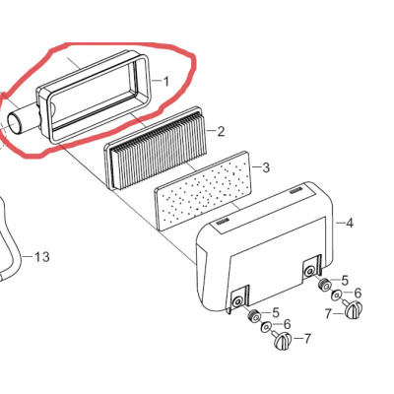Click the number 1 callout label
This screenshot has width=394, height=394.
[166, 82]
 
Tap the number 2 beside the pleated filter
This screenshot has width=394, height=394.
[221, 132]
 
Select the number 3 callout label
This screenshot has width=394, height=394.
[266, 167]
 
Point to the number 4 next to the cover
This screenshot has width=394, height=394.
[350, 224]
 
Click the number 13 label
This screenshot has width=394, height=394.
[42, 256]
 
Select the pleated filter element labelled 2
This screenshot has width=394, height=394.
[156, 148]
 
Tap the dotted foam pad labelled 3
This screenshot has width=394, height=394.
[204, 191]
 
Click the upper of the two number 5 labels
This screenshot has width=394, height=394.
[345, 281]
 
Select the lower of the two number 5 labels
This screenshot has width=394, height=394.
[276, 312]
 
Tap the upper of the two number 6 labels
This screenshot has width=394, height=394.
[358, 293]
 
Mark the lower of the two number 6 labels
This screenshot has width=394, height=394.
[288, 324]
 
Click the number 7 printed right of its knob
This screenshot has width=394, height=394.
[307, 339]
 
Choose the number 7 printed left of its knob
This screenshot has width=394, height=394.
[328, 314]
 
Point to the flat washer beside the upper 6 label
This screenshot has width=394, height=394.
[337, 295]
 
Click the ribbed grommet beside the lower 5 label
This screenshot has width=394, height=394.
[254, 316]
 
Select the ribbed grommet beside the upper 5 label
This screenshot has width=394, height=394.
[324, 284]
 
